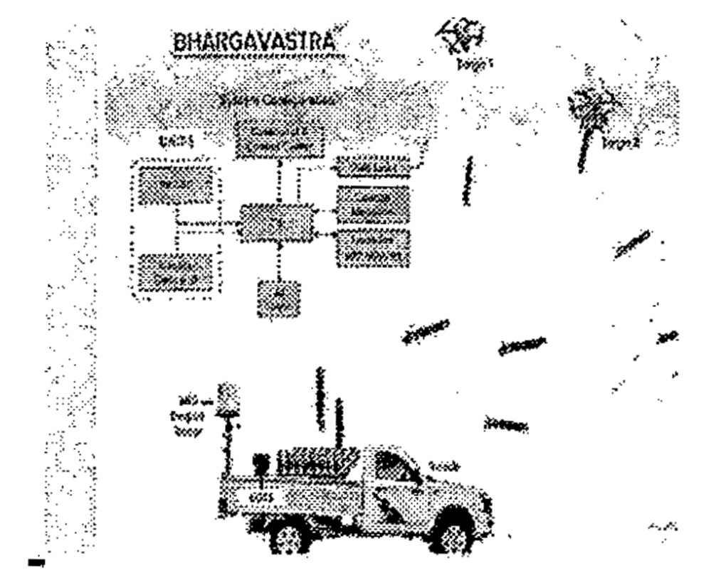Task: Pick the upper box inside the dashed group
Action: tap(174, 186)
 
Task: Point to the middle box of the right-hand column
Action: tap(373, 204)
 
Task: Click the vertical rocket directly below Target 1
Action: tap(468, 181)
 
